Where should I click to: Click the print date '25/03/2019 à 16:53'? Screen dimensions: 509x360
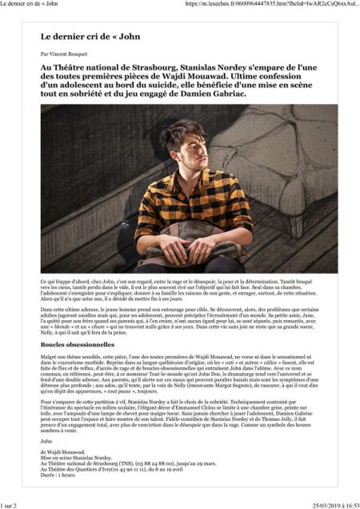tap(329, 504)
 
